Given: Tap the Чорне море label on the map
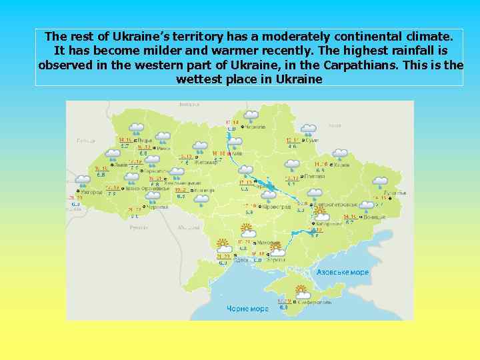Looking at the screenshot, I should [247, 309].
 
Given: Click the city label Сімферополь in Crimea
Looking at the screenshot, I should [315, 302].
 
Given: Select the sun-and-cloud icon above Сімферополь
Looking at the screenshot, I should [301, 291].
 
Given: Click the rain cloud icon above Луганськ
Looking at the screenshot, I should [381, 182].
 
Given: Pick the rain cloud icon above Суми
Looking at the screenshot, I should [309, 129].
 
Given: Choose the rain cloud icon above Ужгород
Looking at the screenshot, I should [83, 180].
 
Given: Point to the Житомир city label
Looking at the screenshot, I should [207, 161].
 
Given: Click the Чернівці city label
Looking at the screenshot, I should [159, 207].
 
